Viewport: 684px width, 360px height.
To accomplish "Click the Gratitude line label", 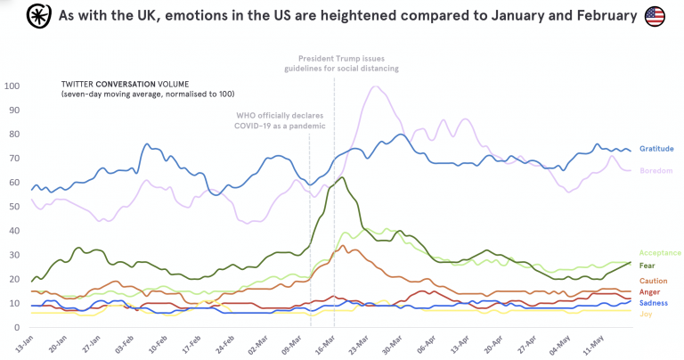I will point(657,149).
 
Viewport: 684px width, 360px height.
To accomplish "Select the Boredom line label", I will point(656,170).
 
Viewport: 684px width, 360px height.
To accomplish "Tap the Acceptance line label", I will point(660,253).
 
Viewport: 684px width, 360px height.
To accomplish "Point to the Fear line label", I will point(648,266).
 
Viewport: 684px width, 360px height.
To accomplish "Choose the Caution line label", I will point(654,281).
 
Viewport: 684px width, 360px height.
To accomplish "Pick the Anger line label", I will point(651,291).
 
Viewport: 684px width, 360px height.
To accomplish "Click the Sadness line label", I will point(654,303).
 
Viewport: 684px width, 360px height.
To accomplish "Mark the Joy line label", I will point(647,314).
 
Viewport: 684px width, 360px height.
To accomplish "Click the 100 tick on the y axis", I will point(12,86).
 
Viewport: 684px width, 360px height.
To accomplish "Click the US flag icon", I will point(655,15).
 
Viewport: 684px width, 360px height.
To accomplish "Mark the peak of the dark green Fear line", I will point(343,177).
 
